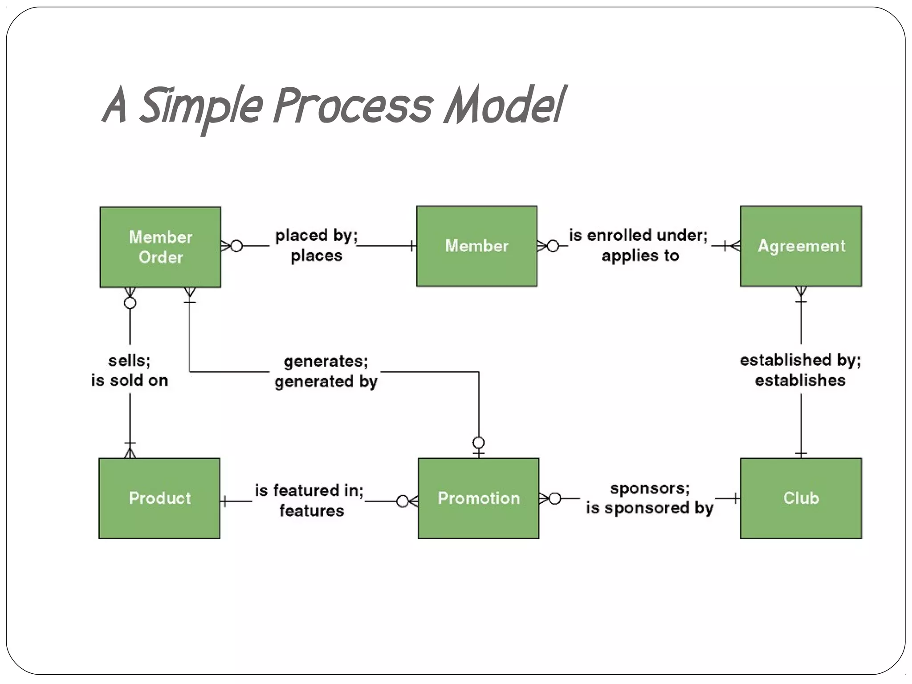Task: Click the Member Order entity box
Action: (160, 247)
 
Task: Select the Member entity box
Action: (476, 246)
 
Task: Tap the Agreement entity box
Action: (801, 246)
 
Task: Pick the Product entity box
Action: (159, 498)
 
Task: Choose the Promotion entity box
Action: (478, 498)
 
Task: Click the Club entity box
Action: (801, 498)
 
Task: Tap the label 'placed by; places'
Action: (316, 245)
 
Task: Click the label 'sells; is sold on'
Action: (130, 370)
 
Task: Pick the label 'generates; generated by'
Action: (326, 371)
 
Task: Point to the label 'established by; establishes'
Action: (800, 370)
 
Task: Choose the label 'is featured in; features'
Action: (309, 500)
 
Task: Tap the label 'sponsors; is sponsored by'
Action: (649, 498)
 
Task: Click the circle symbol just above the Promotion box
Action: (479, 443)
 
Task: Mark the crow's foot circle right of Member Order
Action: (237, 246)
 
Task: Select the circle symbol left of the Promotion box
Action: (402, 501)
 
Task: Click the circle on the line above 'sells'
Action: (130, 303)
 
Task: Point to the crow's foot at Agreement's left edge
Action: (735, 246)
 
